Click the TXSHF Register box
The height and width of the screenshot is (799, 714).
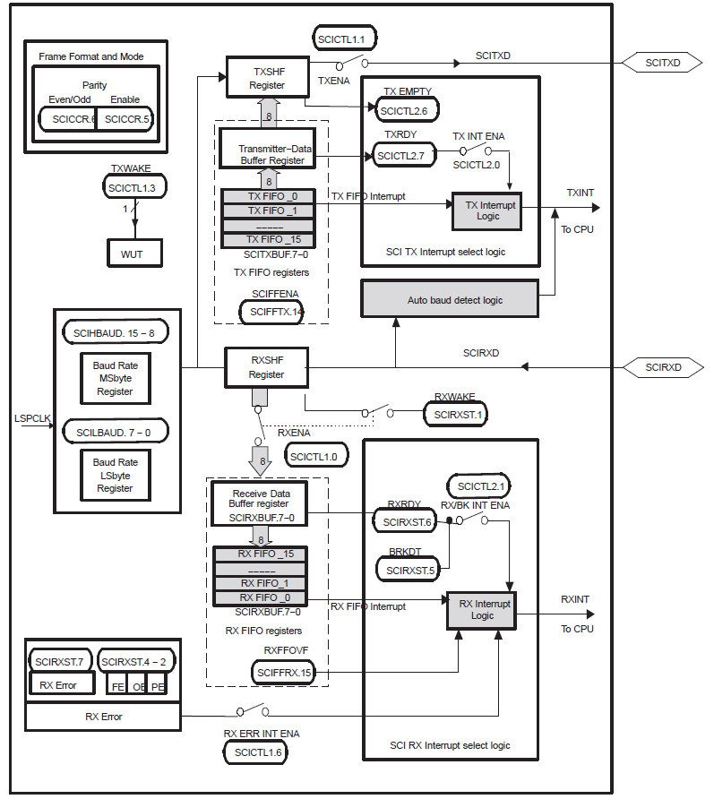(x=267, y=78)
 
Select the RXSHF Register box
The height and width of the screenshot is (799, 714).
(x=266, y=368)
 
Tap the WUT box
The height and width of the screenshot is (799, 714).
(x=131, y=254)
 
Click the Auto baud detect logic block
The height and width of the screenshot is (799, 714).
(x=449, y=300)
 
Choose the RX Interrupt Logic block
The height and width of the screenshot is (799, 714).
(x=482, y=610)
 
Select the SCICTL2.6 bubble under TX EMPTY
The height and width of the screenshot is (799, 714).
(x=403, y=111)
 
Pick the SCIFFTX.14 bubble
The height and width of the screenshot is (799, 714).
(x=271, y=311)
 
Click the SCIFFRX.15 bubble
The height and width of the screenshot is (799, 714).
(x=283, y=672)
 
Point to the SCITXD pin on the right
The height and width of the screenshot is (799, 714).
(x=664, y=62)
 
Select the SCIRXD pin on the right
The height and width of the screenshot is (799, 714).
(x=664, y=367)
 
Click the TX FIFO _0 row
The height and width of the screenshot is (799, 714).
(x=268, y=196)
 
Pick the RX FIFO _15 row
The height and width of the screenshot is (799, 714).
(x=259, y=554)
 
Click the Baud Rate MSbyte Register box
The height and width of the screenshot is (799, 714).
(x=115, y=378)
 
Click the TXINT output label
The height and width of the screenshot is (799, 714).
(x=580, y=193)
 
